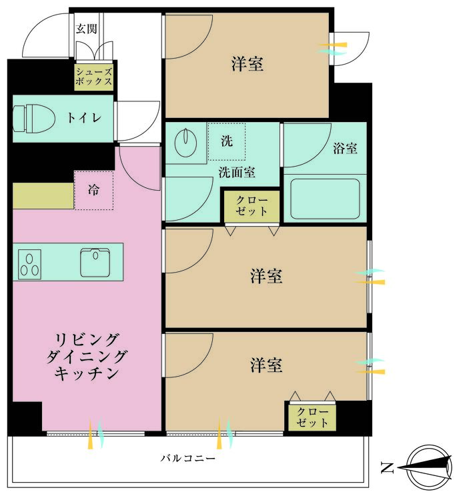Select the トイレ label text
(83, 118)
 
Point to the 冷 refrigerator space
(93, 190)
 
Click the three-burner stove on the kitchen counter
(29, 263)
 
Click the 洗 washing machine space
(227, 141)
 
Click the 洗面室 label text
(237, 172)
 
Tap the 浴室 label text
(345, 148)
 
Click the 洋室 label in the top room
(248, 64)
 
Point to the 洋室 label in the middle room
(266, 275)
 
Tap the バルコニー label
(187, 459)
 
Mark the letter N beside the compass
(386, 467)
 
